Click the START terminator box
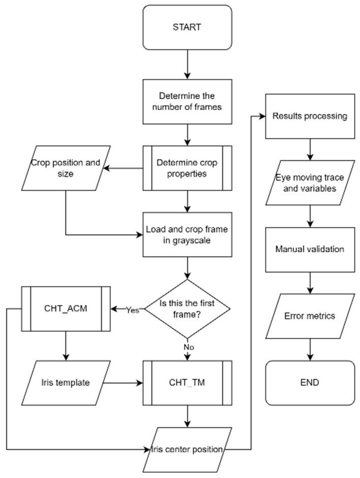coord(188,26)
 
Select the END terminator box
coord(310,382)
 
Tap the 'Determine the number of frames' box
coord(188,101)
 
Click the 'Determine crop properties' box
coord(188,168)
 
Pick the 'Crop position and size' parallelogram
coord(66,168)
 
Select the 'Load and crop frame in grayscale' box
coord(188,235)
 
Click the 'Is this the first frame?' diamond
coord(188,309)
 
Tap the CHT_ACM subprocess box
coord(66,309)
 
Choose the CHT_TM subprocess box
coord(188,382)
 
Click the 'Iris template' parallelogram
coord(66,382)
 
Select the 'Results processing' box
coord(310,116)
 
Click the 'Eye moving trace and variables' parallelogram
coord(310,183)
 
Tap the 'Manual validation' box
coord(310,249)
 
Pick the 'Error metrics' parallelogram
coord(310,316)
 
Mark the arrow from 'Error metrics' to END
coord(310,349)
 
